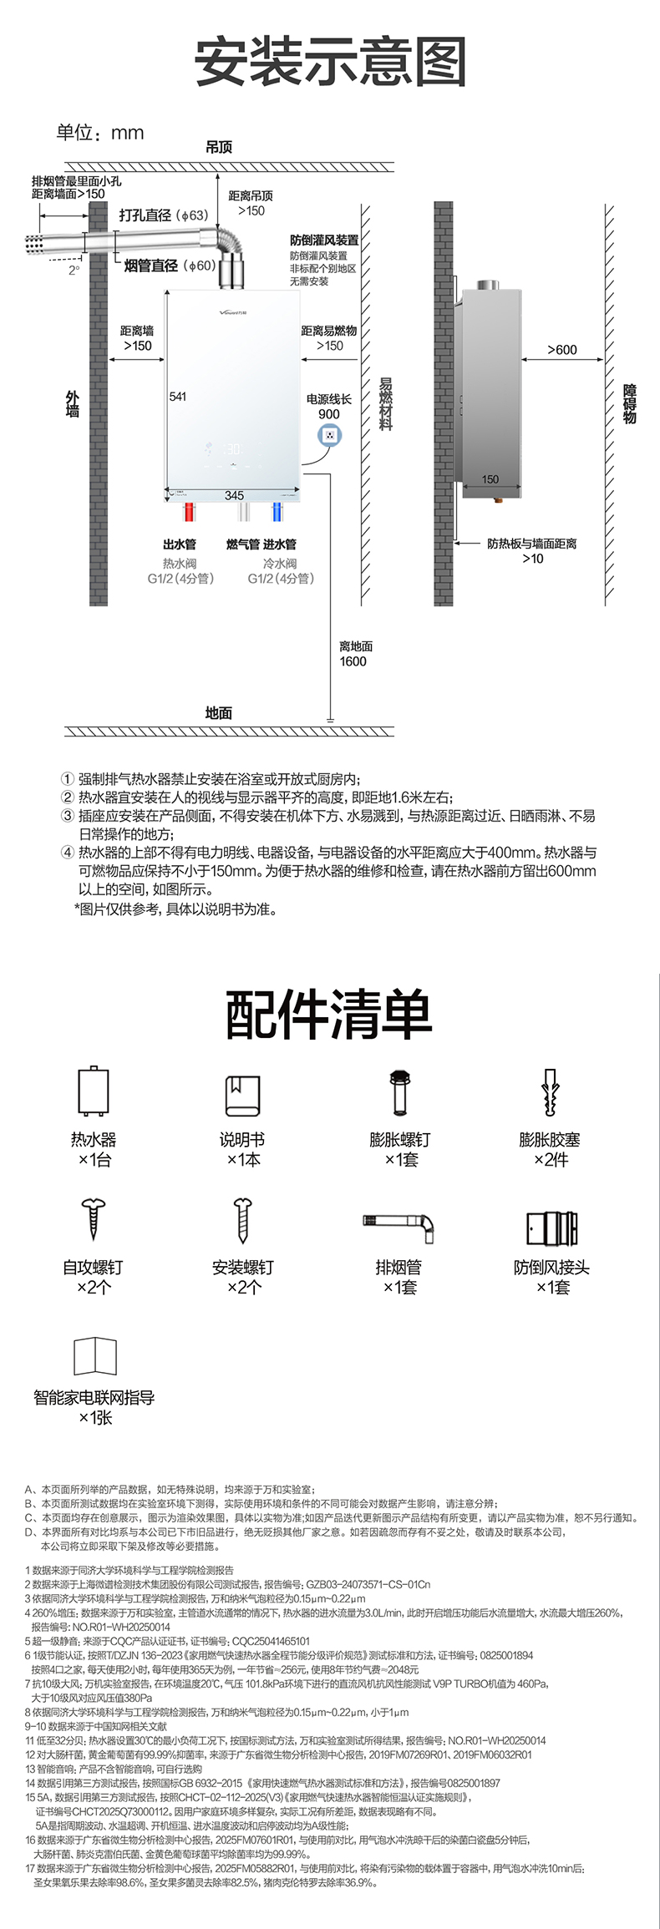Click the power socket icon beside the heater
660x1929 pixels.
[330, 435]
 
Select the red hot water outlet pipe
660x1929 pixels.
[190, 511]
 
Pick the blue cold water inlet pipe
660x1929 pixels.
[277, 511]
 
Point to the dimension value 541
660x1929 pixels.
[178, 397]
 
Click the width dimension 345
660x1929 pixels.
[234, 495]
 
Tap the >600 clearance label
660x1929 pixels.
[561, 350]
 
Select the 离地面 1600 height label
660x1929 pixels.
[355, 654]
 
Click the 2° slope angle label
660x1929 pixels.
[74, 270]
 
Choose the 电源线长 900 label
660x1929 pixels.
[329, 407]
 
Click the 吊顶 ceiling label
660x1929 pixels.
[219, 147]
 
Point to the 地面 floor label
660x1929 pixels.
[219, 712]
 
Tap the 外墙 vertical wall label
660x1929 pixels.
[73, 404]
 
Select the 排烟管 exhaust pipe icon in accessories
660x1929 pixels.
[399, 1225]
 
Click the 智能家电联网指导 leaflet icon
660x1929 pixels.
[94, 1356]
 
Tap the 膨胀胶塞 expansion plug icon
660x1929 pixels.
[550, 1091]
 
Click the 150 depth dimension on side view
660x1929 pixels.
[490, 479]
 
